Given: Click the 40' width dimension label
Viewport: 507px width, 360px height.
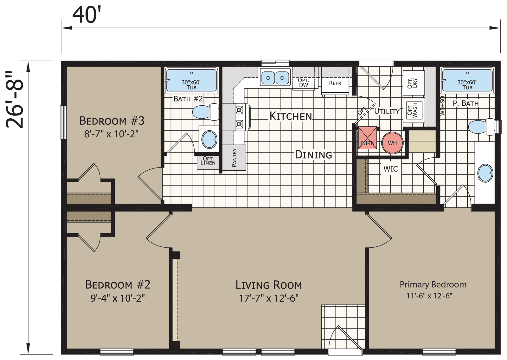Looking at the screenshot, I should pyautogui.click(x=87, y=15).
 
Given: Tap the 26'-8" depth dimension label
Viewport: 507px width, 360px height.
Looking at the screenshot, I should pyautogui.click(x=15, y=100).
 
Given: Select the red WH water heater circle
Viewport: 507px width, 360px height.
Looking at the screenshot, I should pyautogui.click(x=392, y=143).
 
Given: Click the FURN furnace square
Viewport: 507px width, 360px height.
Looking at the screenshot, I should pyautogui.click(x=367, y=138).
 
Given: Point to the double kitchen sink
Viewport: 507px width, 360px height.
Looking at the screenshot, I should pyautogui.click(x=275, y=77).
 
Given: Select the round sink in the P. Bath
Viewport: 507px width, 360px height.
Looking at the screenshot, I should pyautogui.click(x=485, y=173).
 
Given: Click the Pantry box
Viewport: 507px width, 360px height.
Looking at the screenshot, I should pyautogui.click(x=234, y=158).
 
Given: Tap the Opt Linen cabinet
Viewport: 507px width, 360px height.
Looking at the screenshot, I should pyautogui.click(x=208, y=161).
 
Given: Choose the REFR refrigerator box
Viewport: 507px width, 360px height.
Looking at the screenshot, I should pyautogui.click(x=335, y=83).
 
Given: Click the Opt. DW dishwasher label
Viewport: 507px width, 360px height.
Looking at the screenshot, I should pyautogui.click(x=303, y=83).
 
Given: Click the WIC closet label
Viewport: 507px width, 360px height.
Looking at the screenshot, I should pyautogui.click(x=390, y=169).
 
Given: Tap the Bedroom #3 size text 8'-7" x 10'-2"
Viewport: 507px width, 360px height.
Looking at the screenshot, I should pyautogui.click(x=111, y=134).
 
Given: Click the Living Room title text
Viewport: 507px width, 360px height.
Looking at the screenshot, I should pyautogui.click(x=268, y=285).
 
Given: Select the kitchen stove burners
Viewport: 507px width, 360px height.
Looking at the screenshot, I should pyautogui.click(x=240, y=117).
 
